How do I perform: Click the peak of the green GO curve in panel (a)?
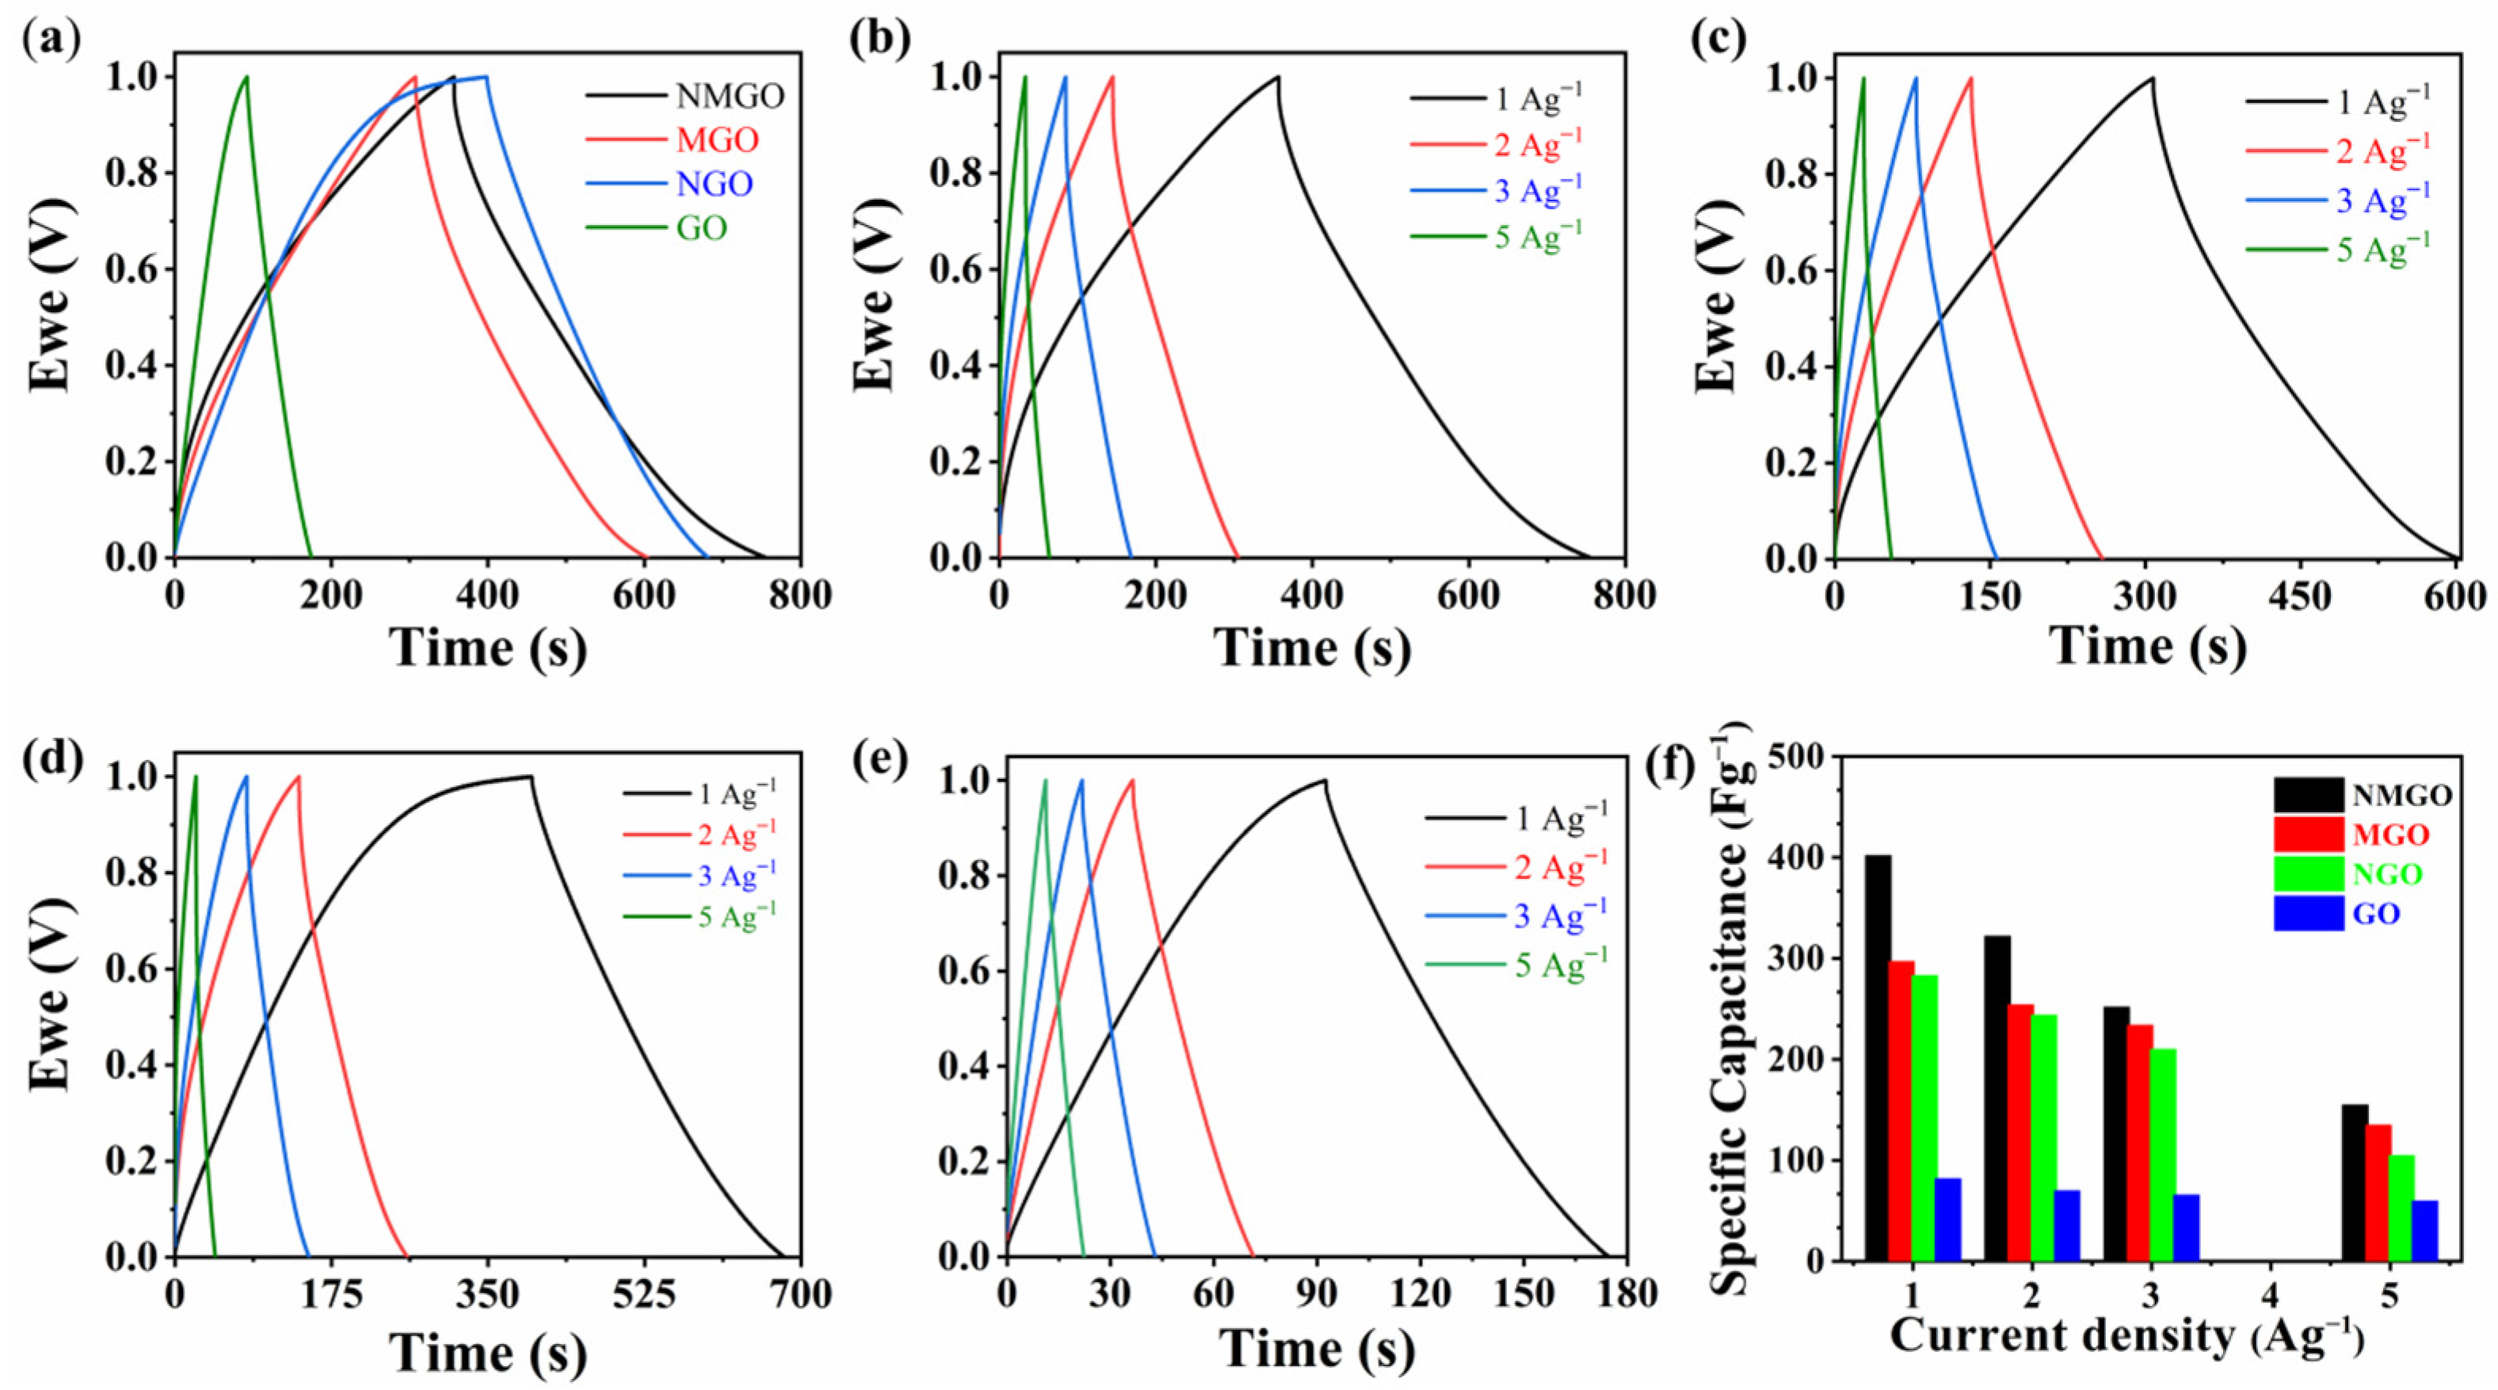[246, 77]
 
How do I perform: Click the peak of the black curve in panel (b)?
[1278, 77]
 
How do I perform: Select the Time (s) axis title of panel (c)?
[2148, 647]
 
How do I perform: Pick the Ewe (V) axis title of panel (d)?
[51, 1005]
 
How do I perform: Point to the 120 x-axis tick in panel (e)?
[1420, 1295]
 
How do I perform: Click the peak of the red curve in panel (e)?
[1131, 780]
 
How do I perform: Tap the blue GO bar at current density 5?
[2424, 1230]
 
